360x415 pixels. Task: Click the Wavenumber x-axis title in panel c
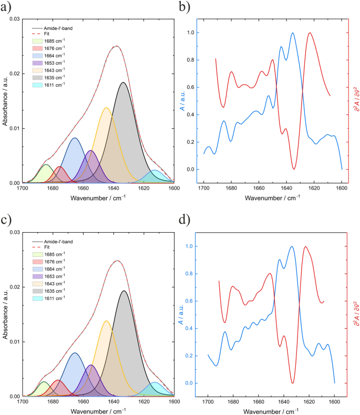98,412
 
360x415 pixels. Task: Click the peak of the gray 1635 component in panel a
123,82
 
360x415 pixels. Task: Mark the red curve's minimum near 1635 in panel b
294,169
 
